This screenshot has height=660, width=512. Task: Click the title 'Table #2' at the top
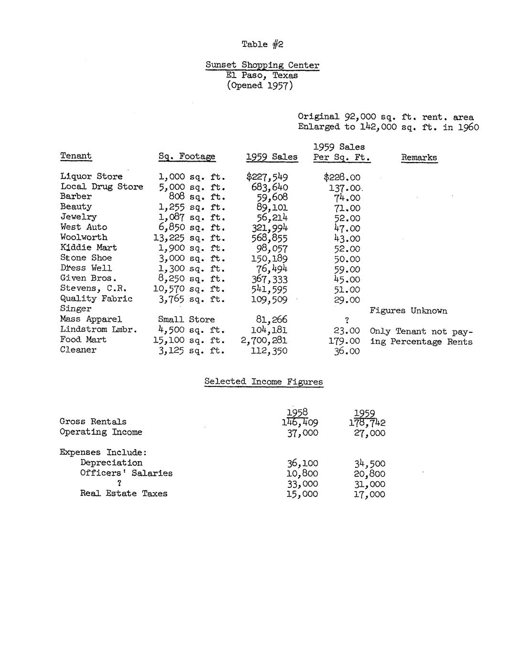[262, 44]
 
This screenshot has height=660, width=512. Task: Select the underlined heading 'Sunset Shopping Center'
[262, 65]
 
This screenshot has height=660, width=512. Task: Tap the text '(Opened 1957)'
[260, 86]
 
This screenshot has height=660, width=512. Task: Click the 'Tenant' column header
[76, 156]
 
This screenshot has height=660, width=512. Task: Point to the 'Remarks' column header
[419, 157]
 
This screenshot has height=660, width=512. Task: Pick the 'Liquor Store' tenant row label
[91, 176]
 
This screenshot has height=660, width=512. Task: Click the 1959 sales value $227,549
[267, 177]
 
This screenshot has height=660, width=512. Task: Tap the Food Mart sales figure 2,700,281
[264, 340]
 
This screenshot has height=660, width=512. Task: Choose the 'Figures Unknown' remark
[408, 311]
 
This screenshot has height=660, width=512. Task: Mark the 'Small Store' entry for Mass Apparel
[186, 319]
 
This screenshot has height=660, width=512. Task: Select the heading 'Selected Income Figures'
[263, 382]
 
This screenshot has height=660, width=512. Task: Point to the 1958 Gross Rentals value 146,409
[300, 422]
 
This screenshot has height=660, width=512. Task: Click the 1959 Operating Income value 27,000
[369, 433]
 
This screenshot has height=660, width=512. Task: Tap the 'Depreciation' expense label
[111, 462]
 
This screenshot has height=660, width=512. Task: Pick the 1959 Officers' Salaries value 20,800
[369, 474]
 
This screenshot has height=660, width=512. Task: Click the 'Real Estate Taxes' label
[124, 494]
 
